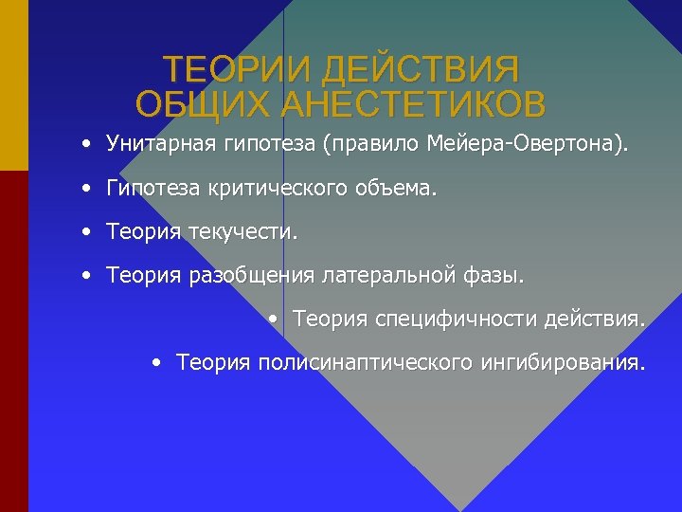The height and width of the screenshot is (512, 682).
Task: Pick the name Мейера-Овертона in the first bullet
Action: coord(525,145)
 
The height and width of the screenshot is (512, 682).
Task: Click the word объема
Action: coord(399,189)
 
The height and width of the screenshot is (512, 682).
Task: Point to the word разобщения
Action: coord(254,276)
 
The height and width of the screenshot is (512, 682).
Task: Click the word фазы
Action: coord(493,276)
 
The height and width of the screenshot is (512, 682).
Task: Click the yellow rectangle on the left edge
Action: coord(14,85)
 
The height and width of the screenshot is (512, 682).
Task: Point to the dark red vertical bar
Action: coord(14,341)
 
